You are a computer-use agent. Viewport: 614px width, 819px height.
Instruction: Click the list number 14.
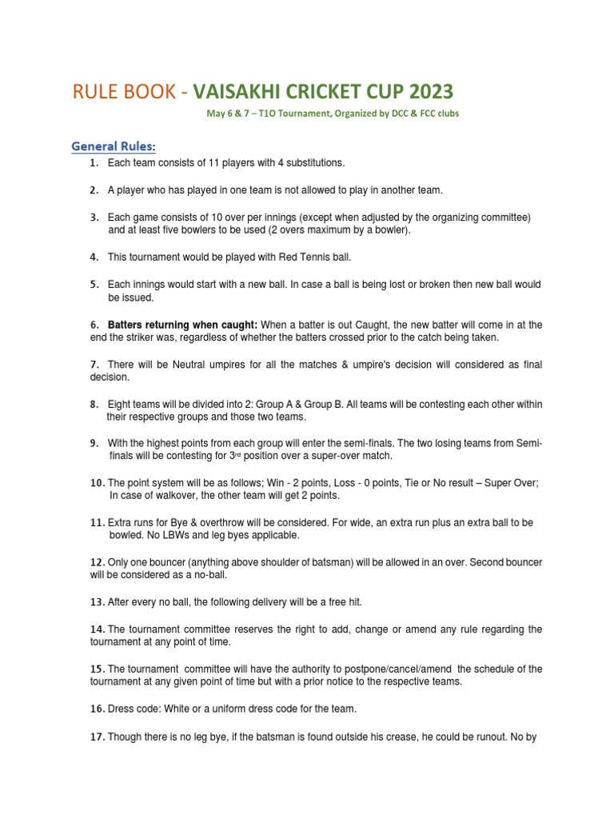coord(98,629)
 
